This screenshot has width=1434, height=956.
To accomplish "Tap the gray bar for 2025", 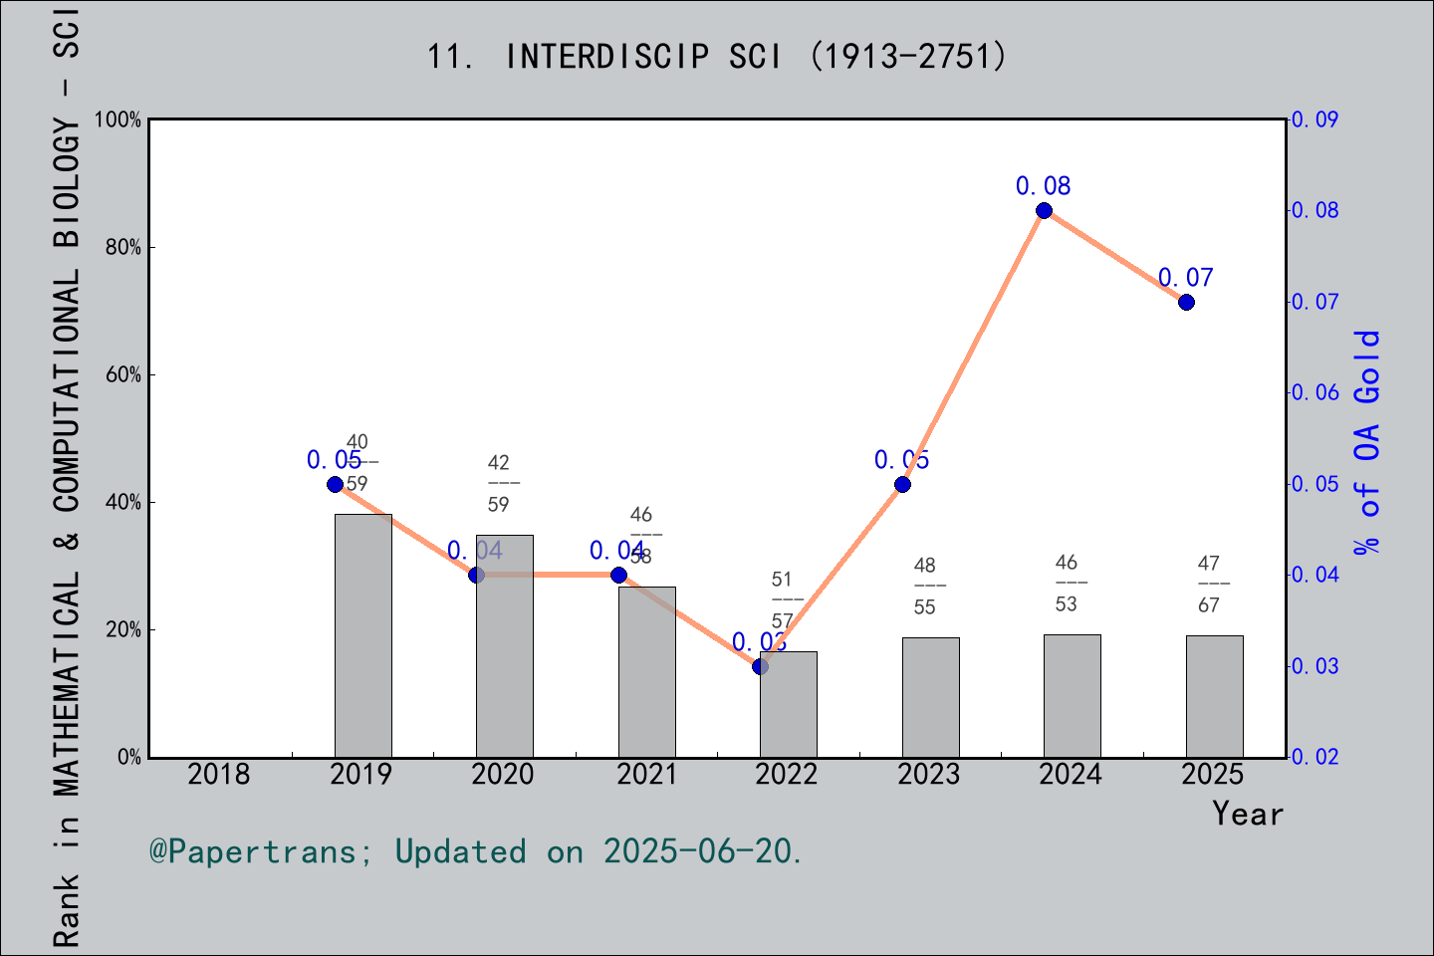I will pos(1214,696).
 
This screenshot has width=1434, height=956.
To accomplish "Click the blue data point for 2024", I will pos(1044,211).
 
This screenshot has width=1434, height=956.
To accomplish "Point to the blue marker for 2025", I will pos(1186,302).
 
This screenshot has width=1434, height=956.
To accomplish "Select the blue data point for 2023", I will pos(902,485).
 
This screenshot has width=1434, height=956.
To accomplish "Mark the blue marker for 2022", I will pos(760,666).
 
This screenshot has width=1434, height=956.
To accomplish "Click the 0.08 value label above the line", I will pos(1043,186).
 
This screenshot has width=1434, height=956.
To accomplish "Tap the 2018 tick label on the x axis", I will pos(219,774).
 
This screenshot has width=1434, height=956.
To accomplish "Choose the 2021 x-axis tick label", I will pos(646,774).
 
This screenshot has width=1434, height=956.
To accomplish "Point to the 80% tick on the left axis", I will pos(123,248).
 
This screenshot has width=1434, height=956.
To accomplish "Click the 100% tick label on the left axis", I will pos(119,119).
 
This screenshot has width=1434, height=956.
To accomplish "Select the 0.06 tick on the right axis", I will pos(1314,392).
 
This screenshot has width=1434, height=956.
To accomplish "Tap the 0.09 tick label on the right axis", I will pos(1314,119).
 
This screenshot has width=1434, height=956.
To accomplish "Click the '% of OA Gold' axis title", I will pos(1367,441).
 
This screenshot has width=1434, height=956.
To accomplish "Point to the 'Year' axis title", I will pos(1248,814).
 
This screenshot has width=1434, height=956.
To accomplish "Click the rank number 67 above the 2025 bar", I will pos(1208,605).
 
